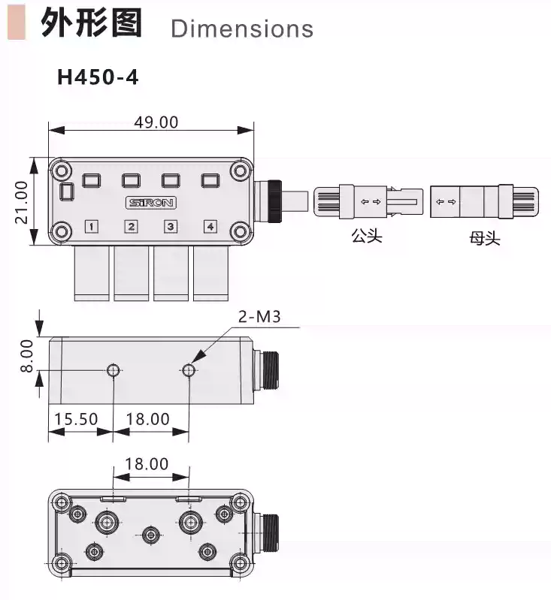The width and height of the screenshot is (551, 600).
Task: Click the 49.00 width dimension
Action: click(x=156, y=122)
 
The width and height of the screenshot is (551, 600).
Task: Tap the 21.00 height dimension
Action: click(x=22, y=201)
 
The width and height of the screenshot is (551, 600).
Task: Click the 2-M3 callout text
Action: click(x=259, y=317)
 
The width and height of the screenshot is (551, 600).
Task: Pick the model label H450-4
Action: click(x=98, y=77)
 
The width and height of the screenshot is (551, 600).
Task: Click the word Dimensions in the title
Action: click(x=241, y=29)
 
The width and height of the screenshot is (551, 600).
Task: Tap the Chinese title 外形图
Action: click(x=91, y=24)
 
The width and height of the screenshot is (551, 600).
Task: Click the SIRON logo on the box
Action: click(x=150, y=203)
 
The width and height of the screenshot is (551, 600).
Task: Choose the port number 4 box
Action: click(x=210, y=227)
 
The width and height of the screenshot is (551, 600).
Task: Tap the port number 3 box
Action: click(x=171, y=227)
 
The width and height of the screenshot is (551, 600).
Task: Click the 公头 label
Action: click(x=366, y=237)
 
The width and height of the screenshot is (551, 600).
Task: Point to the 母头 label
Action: click(x=485, y=238)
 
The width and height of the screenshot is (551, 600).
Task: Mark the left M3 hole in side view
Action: click(x=114, y=369)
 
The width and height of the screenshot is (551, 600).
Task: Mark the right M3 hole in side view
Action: click(x=189, y=369)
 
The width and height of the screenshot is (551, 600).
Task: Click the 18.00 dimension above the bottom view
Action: click(x=147, y=464)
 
